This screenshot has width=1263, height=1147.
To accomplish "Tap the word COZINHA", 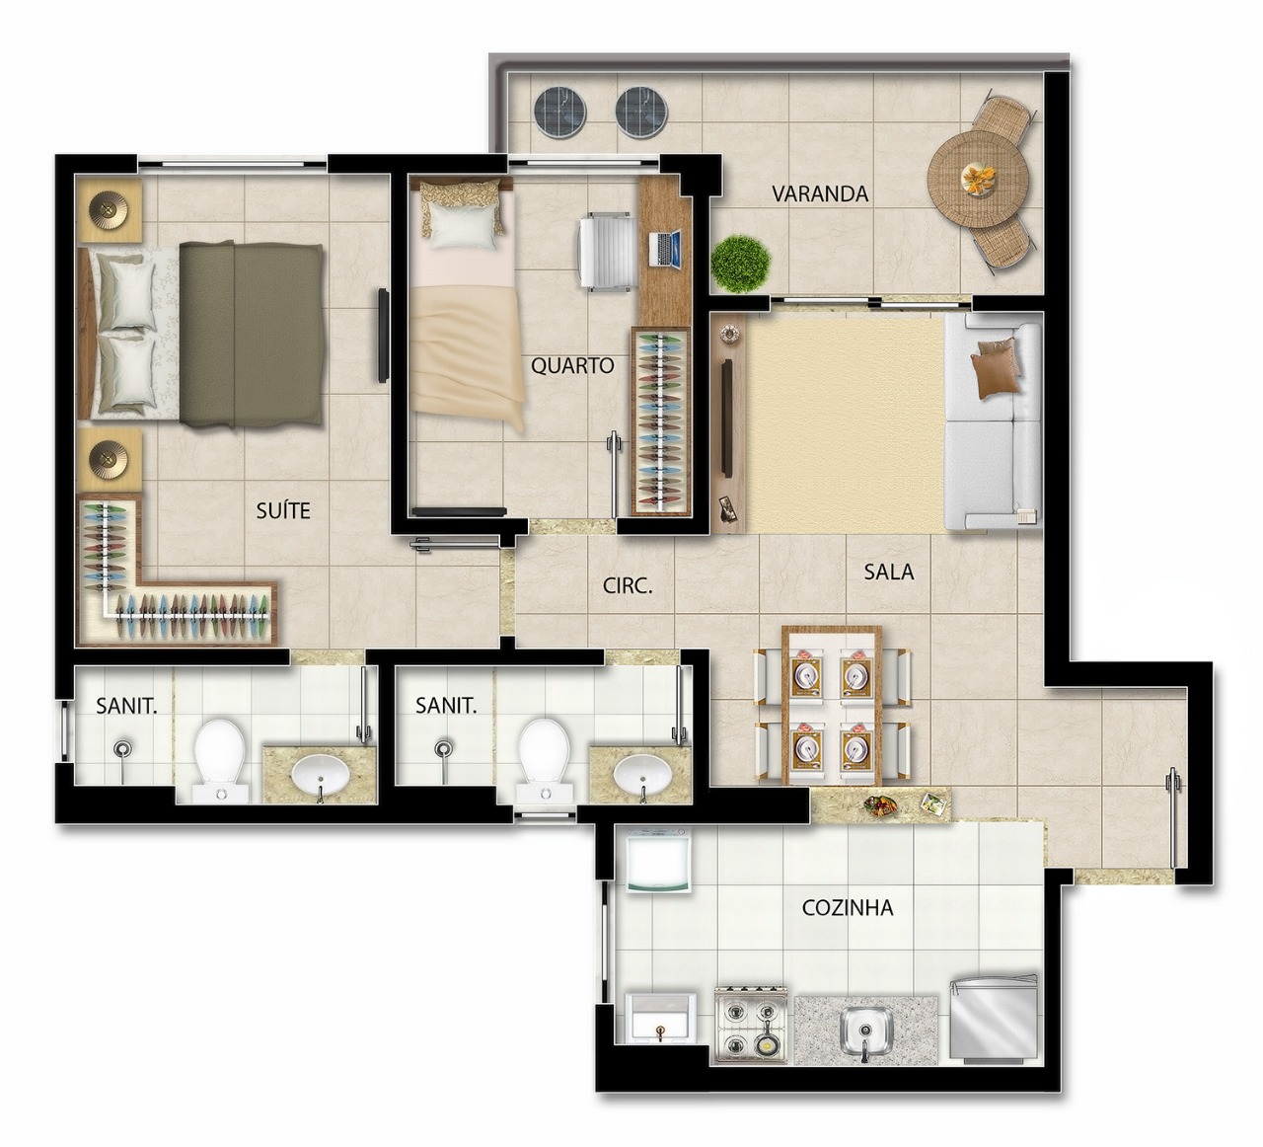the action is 848,908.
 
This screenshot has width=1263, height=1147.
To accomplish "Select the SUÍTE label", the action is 283,510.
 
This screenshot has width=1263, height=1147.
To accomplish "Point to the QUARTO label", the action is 572,365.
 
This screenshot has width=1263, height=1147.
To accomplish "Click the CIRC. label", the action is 628,585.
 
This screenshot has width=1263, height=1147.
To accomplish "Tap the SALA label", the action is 888,572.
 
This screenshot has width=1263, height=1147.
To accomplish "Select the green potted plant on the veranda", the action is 741,264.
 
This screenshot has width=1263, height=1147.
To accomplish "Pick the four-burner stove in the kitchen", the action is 751,1028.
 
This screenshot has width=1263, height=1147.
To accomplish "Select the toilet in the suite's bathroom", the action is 219,760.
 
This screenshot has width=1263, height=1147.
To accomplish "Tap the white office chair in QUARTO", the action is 605,252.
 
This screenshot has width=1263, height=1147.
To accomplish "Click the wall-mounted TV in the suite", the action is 383,336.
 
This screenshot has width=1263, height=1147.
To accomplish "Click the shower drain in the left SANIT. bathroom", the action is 123,748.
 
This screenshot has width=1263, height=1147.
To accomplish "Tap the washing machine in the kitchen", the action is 658,861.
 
